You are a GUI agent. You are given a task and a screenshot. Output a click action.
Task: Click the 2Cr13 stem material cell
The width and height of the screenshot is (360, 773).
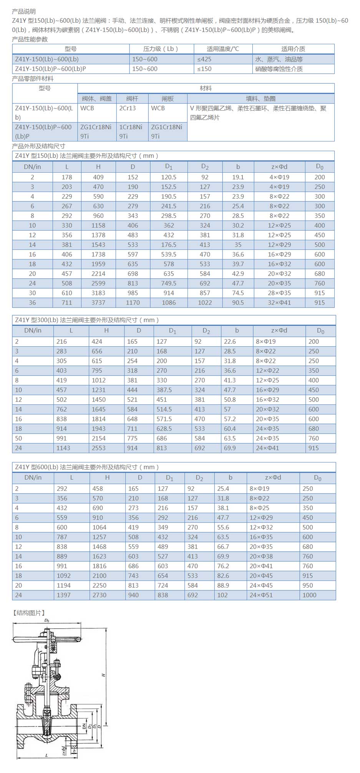tap(128, 108)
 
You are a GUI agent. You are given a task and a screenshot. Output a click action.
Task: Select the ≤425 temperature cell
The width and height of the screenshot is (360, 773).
tap(204, 59)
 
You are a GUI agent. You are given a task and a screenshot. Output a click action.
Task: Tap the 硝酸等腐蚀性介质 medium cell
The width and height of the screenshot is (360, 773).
tap(279, 69)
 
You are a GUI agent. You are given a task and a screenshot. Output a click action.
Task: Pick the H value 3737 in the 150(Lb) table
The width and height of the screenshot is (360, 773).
tap(98, 303)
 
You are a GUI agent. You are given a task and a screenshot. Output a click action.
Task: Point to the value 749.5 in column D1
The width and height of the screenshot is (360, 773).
tap(169, 283)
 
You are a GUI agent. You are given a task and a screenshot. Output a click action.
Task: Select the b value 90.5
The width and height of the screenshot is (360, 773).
tap(238, 303)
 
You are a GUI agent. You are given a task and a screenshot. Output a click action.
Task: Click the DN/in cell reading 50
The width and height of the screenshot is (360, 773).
tap(18, 438)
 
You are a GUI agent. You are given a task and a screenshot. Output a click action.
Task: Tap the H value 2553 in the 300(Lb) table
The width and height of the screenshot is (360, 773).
tap(99, 448)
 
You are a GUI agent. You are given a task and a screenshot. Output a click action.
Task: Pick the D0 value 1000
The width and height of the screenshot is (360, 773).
tap(309, 595)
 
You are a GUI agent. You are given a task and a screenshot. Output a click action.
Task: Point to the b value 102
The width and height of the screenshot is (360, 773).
tap(222, 595)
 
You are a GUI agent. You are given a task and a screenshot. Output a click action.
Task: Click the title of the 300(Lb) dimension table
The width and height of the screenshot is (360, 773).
tap(87, 320)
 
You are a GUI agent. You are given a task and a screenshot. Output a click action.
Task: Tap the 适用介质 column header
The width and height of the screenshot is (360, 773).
tap(293, 49)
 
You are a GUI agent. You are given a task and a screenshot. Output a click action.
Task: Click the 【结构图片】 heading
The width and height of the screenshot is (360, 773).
tap(29, 613)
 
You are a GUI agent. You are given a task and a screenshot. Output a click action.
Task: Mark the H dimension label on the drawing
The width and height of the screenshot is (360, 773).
tap(104, 675)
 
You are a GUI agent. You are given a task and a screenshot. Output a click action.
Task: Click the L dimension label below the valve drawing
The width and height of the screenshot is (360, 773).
tap(46, 755)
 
